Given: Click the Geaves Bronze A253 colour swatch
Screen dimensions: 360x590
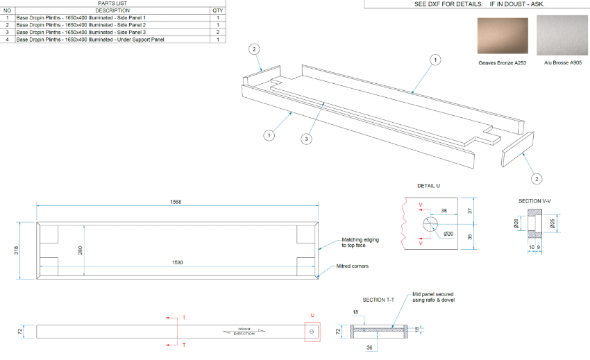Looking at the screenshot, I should click(x=502, y=36).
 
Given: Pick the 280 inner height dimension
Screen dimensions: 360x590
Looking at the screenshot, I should click(x=82, y=250).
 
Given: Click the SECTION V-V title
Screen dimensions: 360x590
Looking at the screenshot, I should click(x=534, y=201).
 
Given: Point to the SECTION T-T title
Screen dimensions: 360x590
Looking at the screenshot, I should click(x=378, y=300).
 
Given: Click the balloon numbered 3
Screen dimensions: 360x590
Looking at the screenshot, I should click(x=306, y=139).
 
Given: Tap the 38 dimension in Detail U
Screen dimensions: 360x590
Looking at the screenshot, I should click(x=444, y=210).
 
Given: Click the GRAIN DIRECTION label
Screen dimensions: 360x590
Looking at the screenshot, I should click(x=244, y=332).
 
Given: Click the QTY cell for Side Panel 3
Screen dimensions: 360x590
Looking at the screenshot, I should click(x=218, y=32).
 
